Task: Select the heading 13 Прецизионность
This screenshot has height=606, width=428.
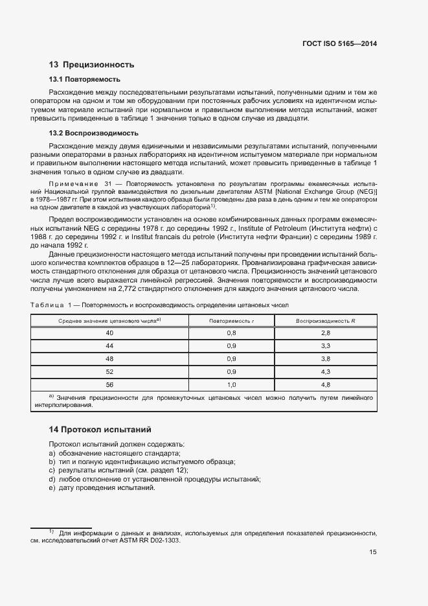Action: coord(91,64)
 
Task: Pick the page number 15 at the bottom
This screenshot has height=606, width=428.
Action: coord(373,552)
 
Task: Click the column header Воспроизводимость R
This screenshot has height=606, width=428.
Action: coord(326,321)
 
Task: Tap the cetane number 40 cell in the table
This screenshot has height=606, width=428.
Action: coord(109,333)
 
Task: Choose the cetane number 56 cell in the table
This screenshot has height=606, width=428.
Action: coord(109,384)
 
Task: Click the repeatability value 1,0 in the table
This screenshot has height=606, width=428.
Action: coord(231,384)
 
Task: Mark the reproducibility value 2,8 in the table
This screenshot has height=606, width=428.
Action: coord(326,333)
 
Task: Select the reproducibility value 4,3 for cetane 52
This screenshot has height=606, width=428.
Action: coord(326,371)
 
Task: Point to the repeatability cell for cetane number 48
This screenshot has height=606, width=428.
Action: coord(231,358)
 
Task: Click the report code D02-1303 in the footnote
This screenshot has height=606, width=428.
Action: coord(164,539)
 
